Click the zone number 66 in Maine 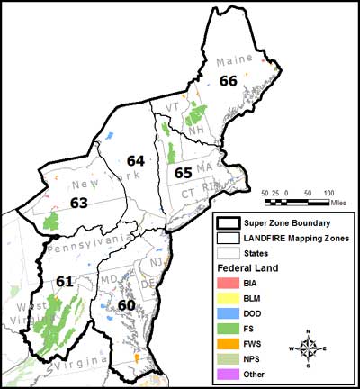(229, 81)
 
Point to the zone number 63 (78, 204)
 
